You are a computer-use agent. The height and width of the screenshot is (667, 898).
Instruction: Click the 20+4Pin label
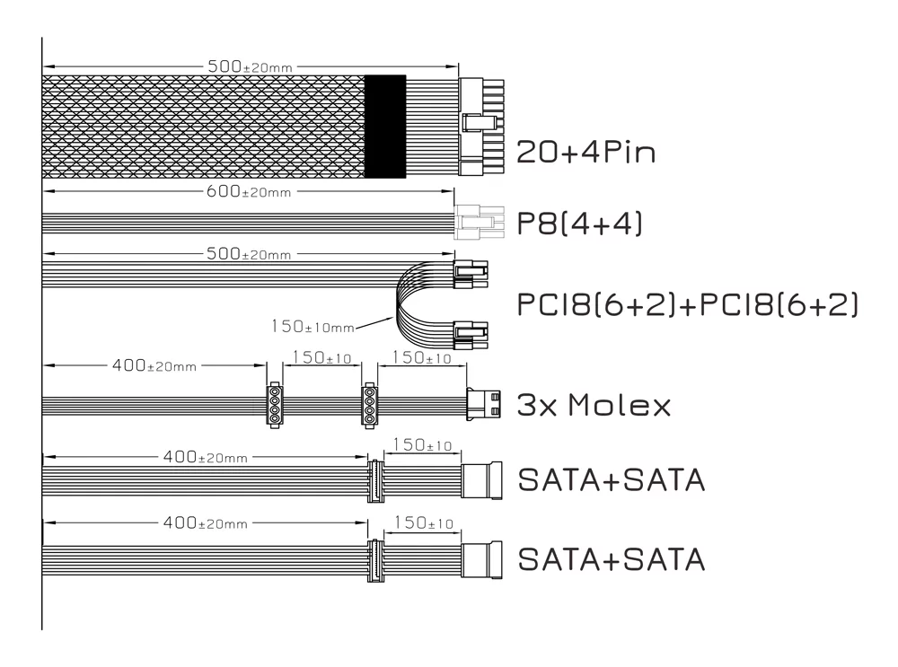tap(585, 153)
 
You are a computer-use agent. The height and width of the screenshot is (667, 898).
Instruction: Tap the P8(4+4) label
tap(579, 223)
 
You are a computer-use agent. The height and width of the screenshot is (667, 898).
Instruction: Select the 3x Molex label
tap(594, 405)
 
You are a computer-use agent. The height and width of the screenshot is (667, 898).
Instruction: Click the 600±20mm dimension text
tap(249, 191)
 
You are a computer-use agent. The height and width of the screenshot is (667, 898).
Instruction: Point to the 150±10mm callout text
tap(313, 327)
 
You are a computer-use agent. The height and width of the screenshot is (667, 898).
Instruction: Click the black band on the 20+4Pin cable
tap(385, 126)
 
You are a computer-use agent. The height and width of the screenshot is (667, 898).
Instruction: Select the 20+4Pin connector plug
tap(481, 127)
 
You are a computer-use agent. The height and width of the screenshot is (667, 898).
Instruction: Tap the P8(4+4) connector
tap(480, 223)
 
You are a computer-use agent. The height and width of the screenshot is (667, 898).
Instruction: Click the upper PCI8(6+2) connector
tap(471, 274)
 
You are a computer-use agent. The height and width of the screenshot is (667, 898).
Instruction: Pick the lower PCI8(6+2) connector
tap(471, 335)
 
